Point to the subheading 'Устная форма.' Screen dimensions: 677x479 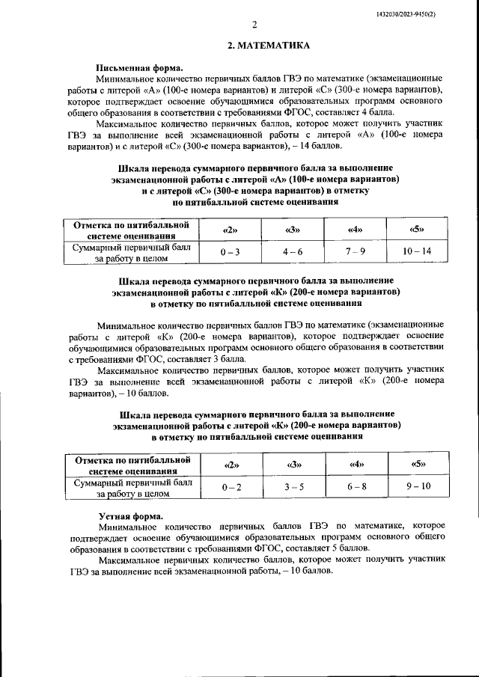click(x=130, y=517)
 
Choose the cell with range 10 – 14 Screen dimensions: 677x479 click(x=417, y=252)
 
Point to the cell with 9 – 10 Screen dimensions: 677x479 click(x=417, y=488)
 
